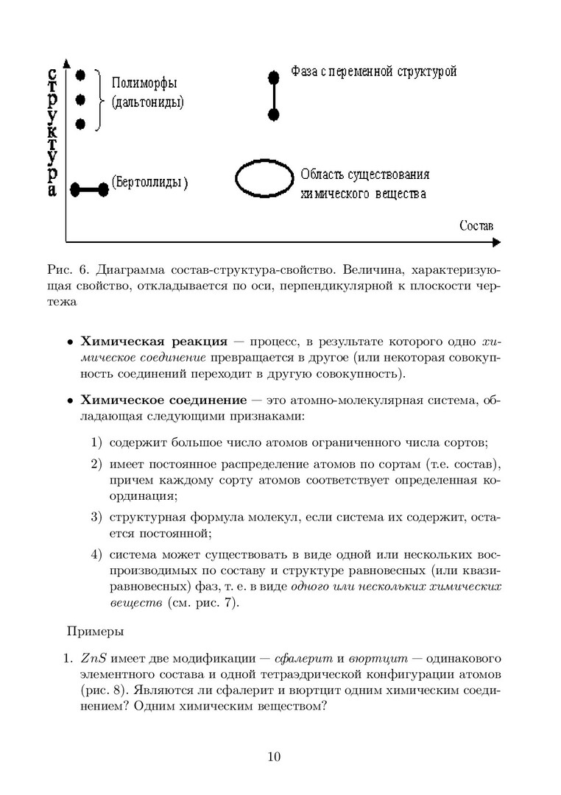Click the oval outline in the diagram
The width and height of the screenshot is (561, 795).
[x=263, y=179]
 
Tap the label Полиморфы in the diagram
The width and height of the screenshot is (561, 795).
[x=144, y=83]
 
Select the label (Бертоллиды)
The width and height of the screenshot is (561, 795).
[x=150, y=183]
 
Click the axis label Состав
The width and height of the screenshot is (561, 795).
[x=476, y=225]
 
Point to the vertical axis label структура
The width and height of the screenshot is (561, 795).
[x=52, y=132]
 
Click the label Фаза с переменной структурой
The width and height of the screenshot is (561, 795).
[x=373, y=71]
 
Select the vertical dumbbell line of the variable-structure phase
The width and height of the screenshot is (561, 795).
[x=274, y=96]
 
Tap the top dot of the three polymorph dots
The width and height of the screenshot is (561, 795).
[x=81, y=74]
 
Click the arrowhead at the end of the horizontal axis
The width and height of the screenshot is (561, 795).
[x=496, y=241]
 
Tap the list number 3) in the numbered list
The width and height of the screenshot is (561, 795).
[x=96, y=517]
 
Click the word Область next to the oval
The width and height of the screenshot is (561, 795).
[x=324, y=177]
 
